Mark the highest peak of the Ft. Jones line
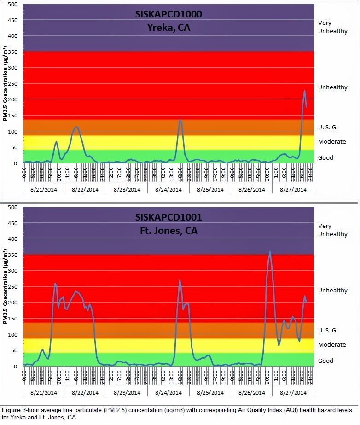[x=270, y=252]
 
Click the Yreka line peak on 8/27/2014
[x=304, y=91]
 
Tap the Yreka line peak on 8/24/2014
[x=180, y=120]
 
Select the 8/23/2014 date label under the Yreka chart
[x=127, y=189]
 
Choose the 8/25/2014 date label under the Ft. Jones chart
[x=210, y=392]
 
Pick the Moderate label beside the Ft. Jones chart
[x=332, y=345]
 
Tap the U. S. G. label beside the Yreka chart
[x=328, y=127]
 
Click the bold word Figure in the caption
[x=11, y=409]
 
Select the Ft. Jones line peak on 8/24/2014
[x=180, y=280]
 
